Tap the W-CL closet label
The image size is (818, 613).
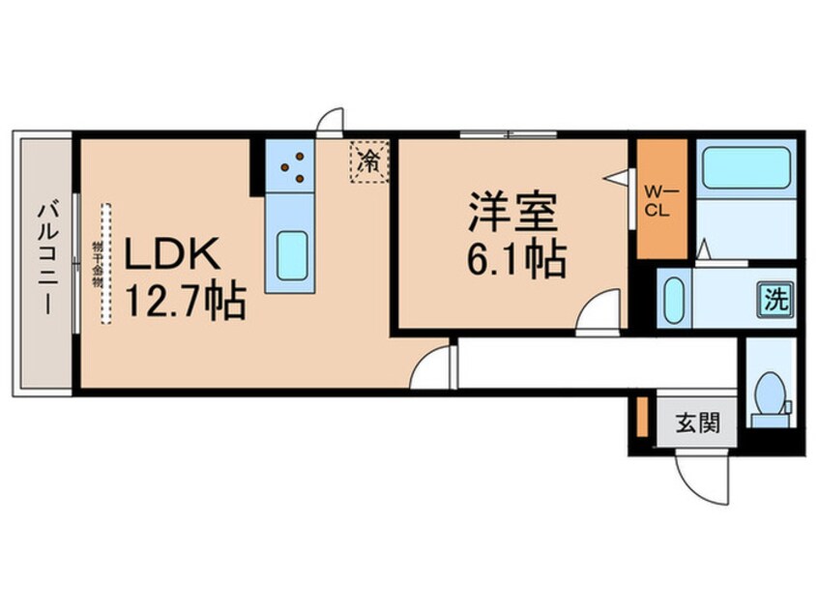[660, 199]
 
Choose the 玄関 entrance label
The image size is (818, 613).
[696, 423]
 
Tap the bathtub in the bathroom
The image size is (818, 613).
[744, 168]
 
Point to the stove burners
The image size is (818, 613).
[292, 165]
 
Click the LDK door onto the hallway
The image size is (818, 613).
[432, 368]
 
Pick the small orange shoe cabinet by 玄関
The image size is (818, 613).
[641, 415]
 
